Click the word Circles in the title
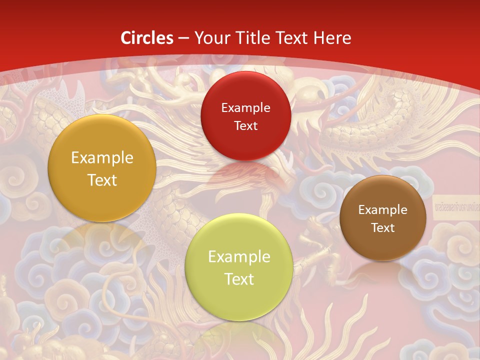point(147,38)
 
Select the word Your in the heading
point(210,38)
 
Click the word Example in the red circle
point(245,108)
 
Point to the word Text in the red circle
point(245,125)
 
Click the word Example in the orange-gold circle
point(102,158)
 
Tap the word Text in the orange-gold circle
point(102,180)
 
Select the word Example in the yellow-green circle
point(239,257)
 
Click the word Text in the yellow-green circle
point(239,279)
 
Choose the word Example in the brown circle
point(383,210)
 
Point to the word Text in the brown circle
point(383,227)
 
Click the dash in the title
point(183,38)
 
